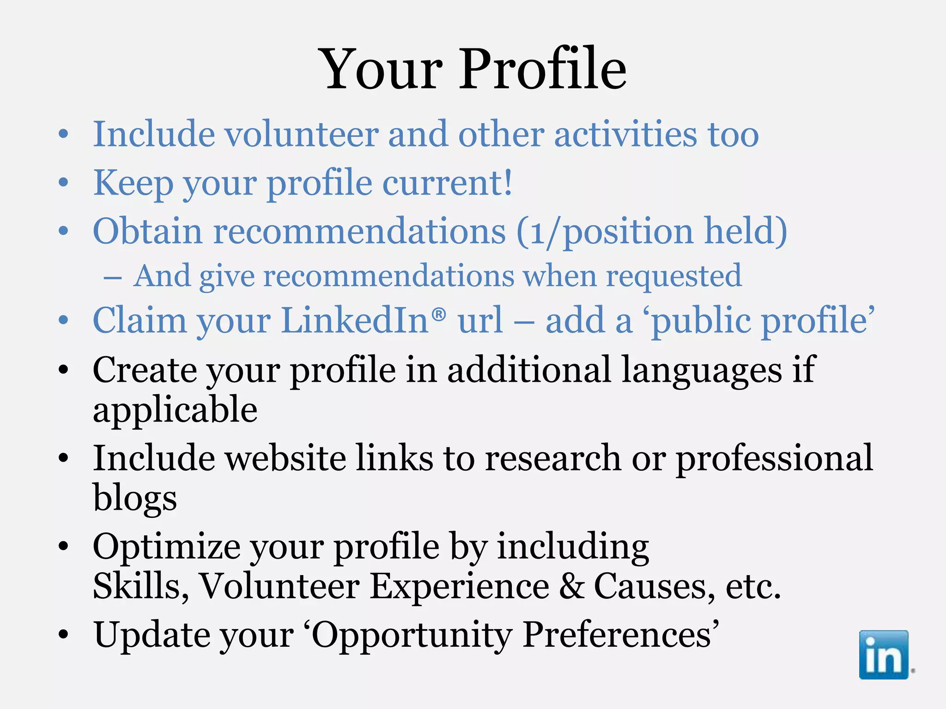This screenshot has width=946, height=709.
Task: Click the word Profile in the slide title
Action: click(x=543, y=70)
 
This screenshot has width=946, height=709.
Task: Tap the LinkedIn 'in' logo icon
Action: click(x=884, y=655)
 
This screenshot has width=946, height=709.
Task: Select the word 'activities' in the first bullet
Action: click(x=625, y=135)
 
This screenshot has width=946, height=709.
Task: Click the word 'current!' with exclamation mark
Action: click(x=448, y=183)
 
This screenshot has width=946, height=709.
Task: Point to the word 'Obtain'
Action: click(x=147, y=231)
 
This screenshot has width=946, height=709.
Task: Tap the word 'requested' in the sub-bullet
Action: click(x=674, y=276)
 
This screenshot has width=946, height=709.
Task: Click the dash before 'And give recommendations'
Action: click(x=113, y=278)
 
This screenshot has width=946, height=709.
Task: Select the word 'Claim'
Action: click(x=139, y=320)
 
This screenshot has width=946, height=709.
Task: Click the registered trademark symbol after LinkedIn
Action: click(x=439, y=314)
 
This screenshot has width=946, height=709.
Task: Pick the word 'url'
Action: click(x=480, y=320)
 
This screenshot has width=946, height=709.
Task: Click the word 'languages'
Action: click(x=701, y=370)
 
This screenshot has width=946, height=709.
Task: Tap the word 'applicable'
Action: click(x=175, y=410)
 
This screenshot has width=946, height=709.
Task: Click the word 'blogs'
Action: click(x=135, y=498)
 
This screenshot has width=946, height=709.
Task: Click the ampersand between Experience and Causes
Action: click(x=571, y=586)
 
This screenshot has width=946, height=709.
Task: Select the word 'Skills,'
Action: click(x=141, y=586)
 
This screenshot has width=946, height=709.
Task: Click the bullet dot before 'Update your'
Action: click(x=63, y=635)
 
